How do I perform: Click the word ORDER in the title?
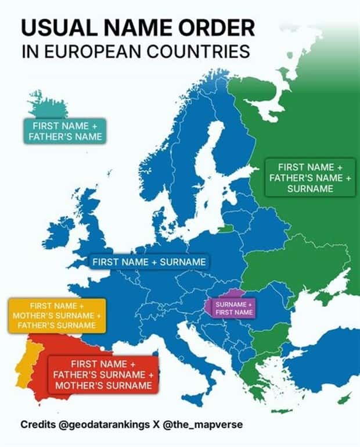coord(218,28)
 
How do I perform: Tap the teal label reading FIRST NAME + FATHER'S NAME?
coord(65,131)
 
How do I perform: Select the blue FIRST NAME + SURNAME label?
coord(149,262)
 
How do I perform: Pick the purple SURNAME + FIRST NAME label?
coord(234,308)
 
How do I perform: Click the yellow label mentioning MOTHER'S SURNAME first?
coord(57,315)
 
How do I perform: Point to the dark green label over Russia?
coord(309,177)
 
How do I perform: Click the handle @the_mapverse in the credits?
coord(207,425)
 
